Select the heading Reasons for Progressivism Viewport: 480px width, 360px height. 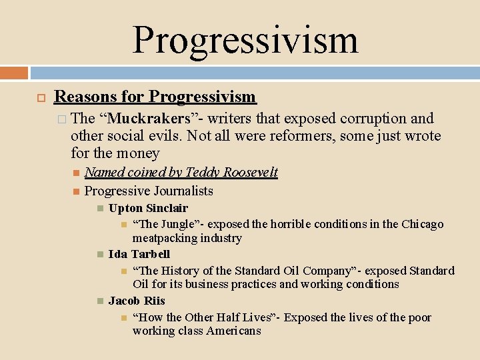click(x=155, y=97)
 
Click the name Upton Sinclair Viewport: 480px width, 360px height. click(x=148, y=208)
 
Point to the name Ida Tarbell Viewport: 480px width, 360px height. click(x=139, y=254)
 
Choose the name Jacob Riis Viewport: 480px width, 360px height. click(x=137, y=301)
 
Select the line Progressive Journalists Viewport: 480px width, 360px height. click(x=149, y=191)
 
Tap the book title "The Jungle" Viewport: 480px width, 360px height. click(x=160, y=224)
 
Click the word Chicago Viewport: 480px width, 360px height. click(x=418, y=224)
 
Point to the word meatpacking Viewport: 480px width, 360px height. click(x=164, y=238)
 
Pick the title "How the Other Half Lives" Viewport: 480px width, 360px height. click(x=205, y=317)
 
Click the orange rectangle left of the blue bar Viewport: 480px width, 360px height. click(x=14, y=72)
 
